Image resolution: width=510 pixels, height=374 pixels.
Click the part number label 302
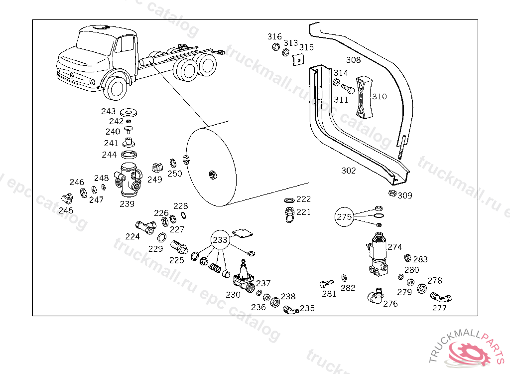click(x=349, y=171)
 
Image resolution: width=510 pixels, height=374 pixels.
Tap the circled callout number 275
click(x=344, y=217)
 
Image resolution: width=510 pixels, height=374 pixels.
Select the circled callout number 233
click(x=220, y=240)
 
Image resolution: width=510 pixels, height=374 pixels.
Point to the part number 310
click(x=380, y=96)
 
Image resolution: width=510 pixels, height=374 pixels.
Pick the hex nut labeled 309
click(x=392, y=193)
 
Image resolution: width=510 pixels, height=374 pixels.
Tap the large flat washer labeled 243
click(x=129, y=111)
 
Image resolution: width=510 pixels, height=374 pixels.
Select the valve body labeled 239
click(x=129, y=179)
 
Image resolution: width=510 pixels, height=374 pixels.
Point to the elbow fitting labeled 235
click(x=290, y=310)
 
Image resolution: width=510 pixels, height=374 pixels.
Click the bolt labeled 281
click(x=326, y=284)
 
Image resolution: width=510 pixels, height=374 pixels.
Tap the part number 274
click(x=394, y=246)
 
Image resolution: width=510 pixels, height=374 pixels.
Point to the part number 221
click(x=303, y=212)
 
